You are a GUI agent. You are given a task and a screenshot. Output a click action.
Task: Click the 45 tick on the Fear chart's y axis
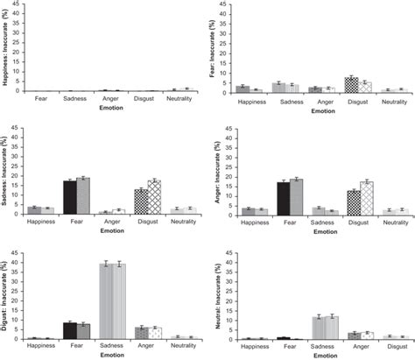(225, 5)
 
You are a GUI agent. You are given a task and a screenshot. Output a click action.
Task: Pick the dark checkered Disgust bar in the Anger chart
(354, 202)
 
